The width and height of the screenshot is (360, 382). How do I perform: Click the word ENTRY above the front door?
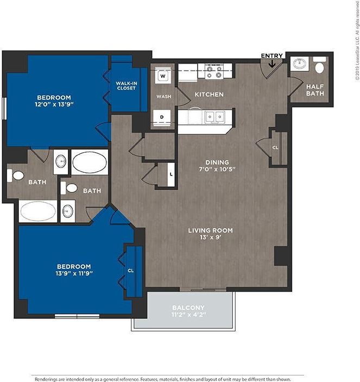pos(271,55)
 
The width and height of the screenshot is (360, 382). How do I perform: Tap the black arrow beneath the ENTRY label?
pos(271,65)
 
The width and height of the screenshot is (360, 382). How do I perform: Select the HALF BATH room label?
pos(315,90)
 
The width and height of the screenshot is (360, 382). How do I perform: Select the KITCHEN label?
pos(209,95)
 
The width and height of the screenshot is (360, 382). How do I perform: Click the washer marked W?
pos(162,77)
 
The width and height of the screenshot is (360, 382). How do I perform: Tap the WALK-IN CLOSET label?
pos(126,85)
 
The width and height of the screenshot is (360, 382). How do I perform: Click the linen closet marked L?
pos(171,174)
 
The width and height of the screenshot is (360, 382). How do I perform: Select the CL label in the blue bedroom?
pos(131,270)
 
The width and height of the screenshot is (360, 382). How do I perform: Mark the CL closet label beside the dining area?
pos(275,147)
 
